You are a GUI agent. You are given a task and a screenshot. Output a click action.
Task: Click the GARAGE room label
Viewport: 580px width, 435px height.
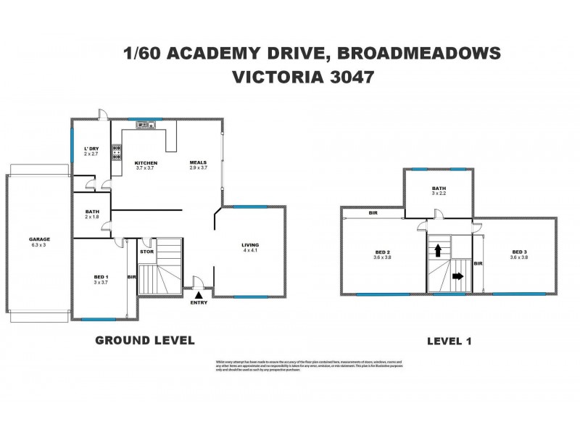[x=40, y=239]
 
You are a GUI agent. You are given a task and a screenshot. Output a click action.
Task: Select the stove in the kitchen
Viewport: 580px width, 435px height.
[x=116, y=152]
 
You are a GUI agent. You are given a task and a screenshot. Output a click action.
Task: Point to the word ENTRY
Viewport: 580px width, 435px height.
[x=199, y=302]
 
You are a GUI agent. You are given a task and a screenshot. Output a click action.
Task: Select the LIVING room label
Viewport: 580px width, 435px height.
[x=250, y=245]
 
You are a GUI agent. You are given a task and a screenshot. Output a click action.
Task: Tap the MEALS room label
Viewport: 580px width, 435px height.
[x=199, y=162]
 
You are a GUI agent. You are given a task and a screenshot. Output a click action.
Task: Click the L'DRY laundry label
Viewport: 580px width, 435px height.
[x=91, y=149]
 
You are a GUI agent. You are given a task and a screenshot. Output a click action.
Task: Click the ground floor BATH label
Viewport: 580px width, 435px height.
[x=92, y=211]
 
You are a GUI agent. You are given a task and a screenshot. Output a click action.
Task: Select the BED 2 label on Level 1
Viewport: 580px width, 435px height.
[x=381, y=251]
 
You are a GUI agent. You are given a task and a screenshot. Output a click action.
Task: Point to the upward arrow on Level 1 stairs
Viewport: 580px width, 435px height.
[x=438, y=250]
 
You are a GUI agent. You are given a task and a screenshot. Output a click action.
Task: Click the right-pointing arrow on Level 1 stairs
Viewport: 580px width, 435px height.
[x=456, y=276]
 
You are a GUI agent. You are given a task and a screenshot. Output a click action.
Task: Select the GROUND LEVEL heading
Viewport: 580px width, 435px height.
[x=145, y=339]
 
